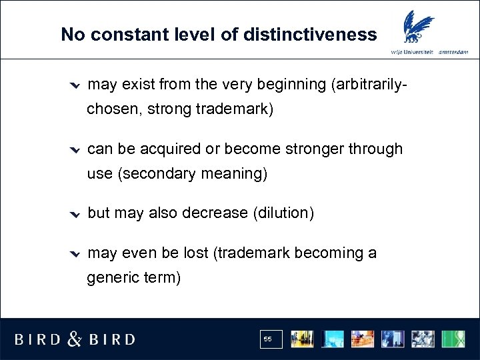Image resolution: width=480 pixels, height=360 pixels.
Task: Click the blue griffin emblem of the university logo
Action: click(415, 29)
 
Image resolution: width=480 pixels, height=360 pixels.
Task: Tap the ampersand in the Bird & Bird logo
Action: click(75, 339)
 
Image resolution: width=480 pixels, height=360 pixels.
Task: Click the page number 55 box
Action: click(271, 339)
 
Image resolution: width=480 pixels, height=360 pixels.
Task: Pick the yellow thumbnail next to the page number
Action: click(301, 339)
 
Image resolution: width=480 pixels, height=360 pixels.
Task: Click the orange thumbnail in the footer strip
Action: click(363, 339)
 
